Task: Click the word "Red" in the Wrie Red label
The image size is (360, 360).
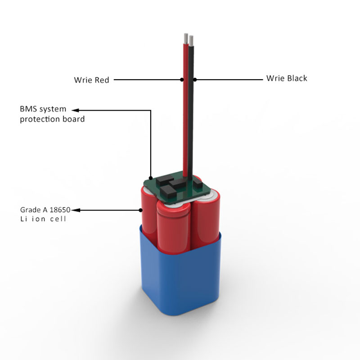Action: tap(102, 80)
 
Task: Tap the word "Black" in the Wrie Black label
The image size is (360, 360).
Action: tap(296, 78)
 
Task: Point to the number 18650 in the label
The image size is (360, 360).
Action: tap(61, 210)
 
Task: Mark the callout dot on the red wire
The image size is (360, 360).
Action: tap(182, 80)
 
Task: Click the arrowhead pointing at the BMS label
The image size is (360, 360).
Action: tap(76, 110)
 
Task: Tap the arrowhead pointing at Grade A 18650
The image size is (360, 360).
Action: tap(76, 210)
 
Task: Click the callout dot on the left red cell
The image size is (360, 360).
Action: tap(140, 210)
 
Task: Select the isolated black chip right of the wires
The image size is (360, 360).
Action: tap(197, 184)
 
